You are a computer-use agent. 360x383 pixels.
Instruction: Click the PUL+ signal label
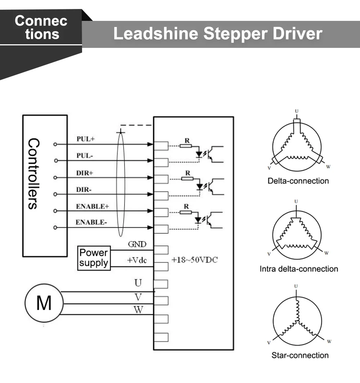click(x=86, y=139)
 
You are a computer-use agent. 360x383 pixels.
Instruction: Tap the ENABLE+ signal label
click(x=93, y=207)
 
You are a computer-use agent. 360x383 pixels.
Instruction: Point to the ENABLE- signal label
click(x=91, y=222)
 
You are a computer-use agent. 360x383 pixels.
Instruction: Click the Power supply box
click(x=94, y=258)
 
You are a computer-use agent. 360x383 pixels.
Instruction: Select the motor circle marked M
click(x=44, y=303)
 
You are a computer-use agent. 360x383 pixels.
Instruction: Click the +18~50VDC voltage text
click(x=194, y=260)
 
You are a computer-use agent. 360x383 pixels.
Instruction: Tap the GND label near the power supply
click(x=137, y=245)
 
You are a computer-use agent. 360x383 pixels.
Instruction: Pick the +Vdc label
click(x=136, y=261)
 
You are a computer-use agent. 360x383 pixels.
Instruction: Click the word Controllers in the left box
click(x=32, y=174)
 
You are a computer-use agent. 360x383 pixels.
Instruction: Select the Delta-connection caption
click(x=298, y=181)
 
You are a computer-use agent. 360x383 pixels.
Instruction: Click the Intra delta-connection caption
click(x=299, y=269)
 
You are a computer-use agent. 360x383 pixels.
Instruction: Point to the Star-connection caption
click(x=300, y=356)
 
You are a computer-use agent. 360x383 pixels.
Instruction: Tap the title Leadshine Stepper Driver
click(x=217, y=33)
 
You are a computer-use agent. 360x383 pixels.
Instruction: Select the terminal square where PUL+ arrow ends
click(x=161, y=145)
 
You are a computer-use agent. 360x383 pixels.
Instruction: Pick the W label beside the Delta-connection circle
click(x=328, y=167)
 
